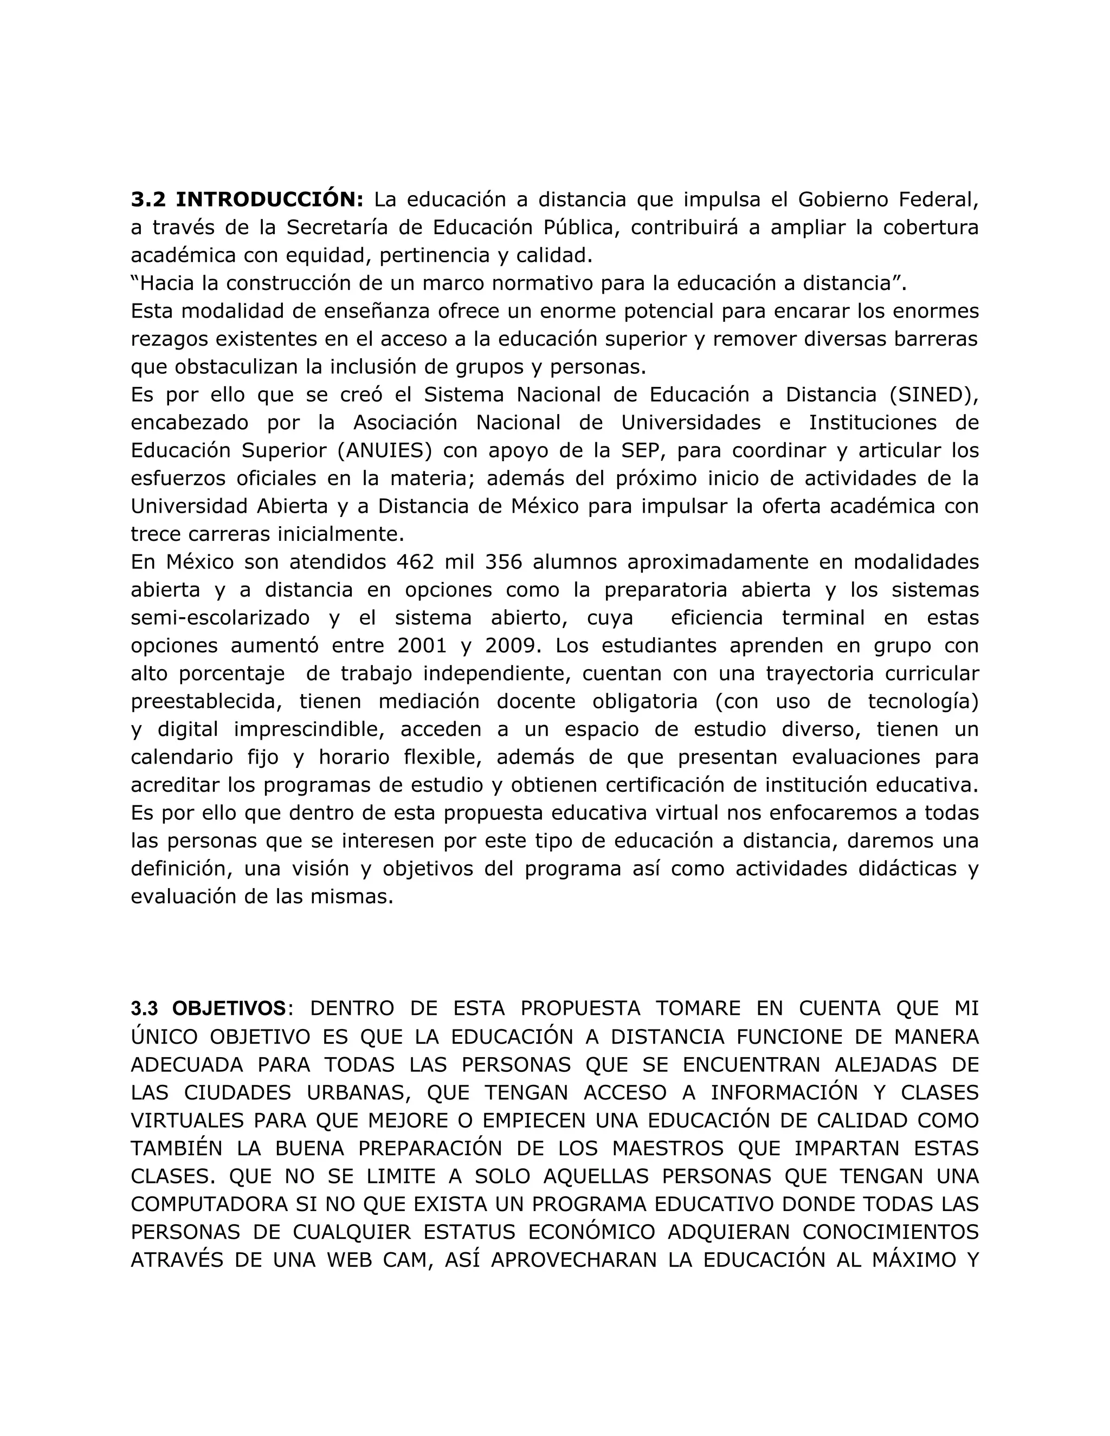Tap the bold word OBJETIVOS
click(x=229, y=1008)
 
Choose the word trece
click(x=158, y=534)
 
